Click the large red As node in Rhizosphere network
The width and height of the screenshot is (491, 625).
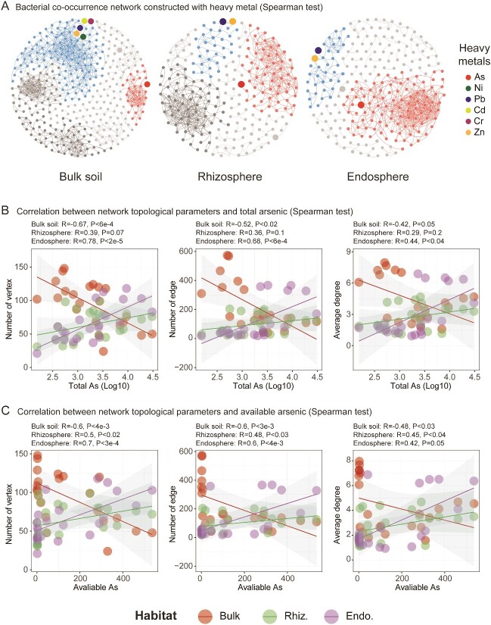pyautogui.click(x=241, y=85)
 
